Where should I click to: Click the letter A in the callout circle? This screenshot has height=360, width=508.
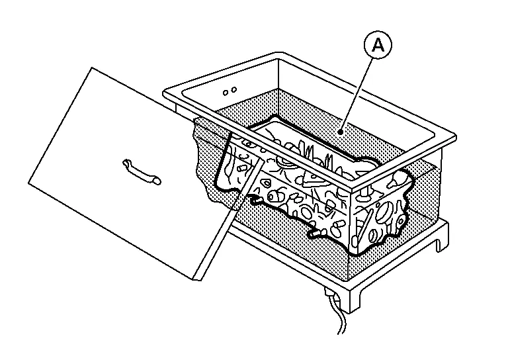(x=378, y=46)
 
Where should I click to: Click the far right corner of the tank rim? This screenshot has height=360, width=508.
(x=456, y=137)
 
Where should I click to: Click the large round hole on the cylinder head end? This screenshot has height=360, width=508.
(x=382, y=212)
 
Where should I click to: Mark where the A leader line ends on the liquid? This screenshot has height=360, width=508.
(x=339, y=131)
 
